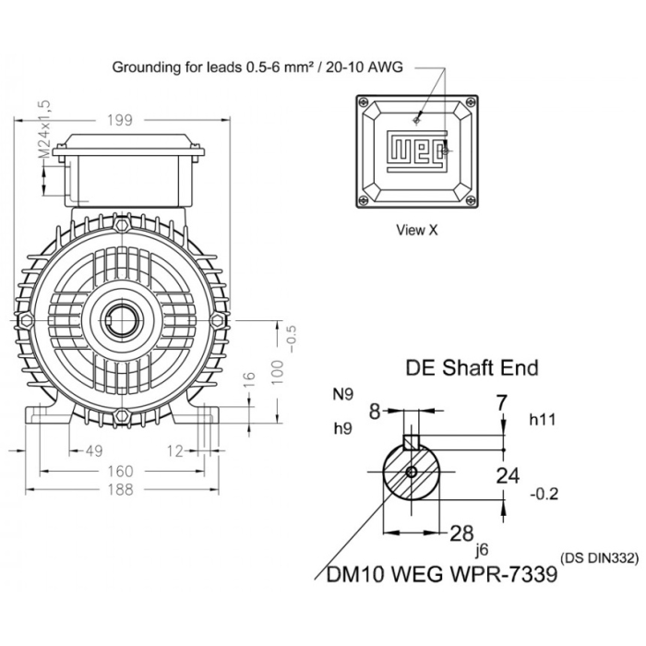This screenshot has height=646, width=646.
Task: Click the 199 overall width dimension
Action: (120, 120)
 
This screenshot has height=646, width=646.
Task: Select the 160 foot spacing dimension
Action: (120, 472)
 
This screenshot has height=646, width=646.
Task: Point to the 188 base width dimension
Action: (120, 489)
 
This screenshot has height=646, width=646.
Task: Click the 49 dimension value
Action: (93, 451)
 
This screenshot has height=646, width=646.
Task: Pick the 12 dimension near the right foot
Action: (174, 451)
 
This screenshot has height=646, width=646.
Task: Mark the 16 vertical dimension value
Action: (249, 381)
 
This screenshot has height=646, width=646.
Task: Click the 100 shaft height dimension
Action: (278, 372)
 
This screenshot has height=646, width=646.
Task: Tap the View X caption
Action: (416, 230)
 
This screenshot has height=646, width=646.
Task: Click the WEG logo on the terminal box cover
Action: (417, 150)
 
